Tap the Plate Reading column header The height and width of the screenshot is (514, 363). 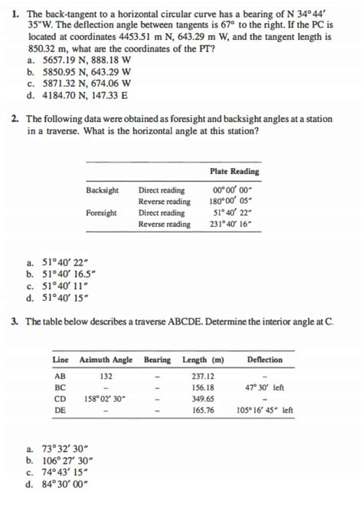click(234, 171)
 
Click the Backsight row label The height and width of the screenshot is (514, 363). click(103, 191)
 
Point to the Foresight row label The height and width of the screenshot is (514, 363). click(102, 213)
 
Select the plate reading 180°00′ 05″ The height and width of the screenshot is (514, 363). click(234, 202)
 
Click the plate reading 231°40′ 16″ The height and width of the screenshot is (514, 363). click(234, 224)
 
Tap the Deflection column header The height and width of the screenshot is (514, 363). click(265, 360)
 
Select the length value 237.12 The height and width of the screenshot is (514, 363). click(202, 376)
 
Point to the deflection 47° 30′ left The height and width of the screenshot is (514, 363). click(265, 387)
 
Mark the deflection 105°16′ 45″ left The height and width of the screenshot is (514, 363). click(265, 411)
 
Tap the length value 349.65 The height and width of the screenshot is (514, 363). click(202, 399)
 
